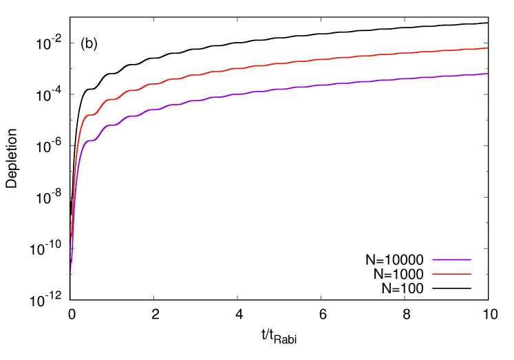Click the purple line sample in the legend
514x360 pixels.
coord(451,260)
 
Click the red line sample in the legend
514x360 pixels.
coord(451,274)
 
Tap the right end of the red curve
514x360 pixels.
coord(487,48)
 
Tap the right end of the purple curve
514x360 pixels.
coord(487,74)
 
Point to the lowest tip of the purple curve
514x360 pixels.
coord(70,273)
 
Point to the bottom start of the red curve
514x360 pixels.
coord(71,244)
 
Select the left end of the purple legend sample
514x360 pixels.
coord(433,260)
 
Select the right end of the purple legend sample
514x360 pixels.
coord(471,260)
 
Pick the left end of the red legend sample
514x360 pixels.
coord(433,274)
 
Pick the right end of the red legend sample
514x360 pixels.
coord(471,274)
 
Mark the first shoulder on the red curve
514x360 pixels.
coord(89,114)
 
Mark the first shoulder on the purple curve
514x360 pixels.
coord(90,141)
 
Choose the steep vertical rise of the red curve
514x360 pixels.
coord(74,179)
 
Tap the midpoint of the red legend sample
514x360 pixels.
coord(451,274)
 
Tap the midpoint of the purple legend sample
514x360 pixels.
coord(451,260)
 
